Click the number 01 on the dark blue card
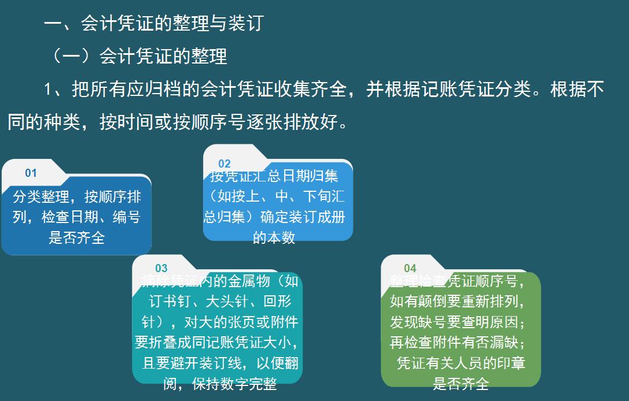tap(31, 173)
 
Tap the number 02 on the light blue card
tap(225, 164)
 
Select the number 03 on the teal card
tap(161, 268)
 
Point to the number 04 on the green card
tap(410, 268)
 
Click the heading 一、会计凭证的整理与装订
tap(153, 23)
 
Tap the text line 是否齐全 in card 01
tap(76, 237)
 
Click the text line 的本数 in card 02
tap(274, 237)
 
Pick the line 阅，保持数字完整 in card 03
tap(220, 384)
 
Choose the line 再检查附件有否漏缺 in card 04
tap(457, 343)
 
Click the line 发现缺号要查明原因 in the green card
tap(457, 322)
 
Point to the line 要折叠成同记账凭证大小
tap(216, 342)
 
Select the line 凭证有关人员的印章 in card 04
tap(461, 363)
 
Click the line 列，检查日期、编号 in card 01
tap(76, 217)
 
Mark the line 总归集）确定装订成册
tap(274, 217)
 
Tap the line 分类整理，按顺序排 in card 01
tap(76, 197)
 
